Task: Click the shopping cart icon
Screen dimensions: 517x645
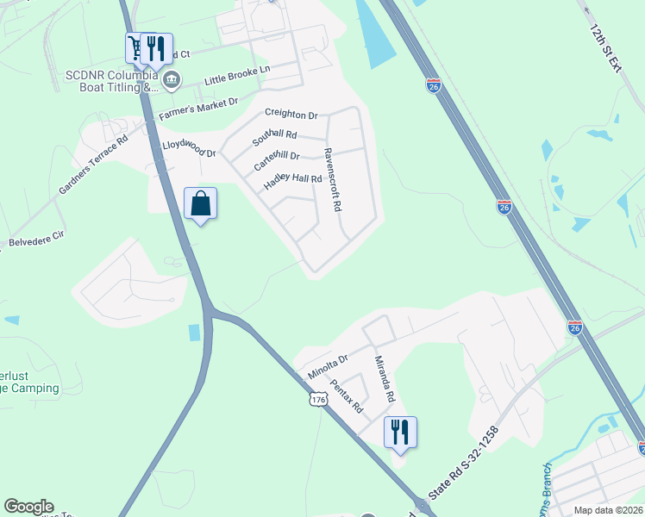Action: tap(136, 47)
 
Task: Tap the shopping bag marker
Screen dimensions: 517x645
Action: tap(200, 204)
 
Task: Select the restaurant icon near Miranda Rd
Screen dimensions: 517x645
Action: tap(400, 431)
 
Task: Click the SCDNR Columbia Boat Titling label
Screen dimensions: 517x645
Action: tap(112, 81)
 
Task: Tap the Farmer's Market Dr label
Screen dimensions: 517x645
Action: tap(198, 108)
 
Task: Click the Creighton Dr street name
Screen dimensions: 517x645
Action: tap(291, 114)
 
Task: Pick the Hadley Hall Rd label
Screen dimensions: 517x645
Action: tap(292, 180)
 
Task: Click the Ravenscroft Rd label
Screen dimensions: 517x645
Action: tap(332, 178)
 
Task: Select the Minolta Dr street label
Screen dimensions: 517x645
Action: tap(328, 368)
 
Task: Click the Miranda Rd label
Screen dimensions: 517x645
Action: tap(384, 380)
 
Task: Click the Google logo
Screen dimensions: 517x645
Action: tap(28, 507)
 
